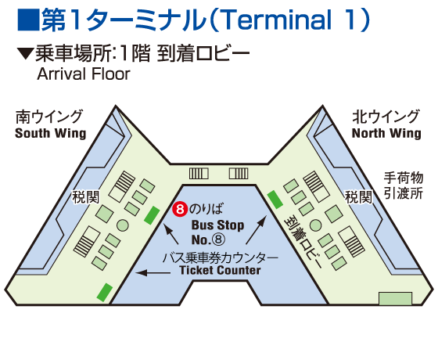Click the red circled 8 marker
point(180,210)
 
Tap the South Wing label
point(51,133)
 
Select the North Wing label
point(386,133)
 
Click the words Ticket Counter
point(220,270)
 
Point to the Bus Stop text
point(218,225)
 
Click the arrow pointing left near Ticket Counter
point(153,272)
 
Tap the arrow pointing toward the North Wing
point(257,230)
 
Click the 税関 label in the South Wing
point(86,197)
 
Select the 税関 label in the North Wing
point(359,197)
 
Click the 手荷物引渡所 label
point(404,185)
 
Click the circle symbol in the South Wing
point(122,225)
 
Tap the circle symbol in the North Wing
point(315,225)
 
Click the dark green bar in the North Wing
point(275,200)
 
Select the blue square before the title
point(28,20)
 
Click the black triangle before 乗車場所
point(25,53)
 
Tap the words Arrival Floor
point(84,74)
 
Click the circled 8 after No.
point(219,239)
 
